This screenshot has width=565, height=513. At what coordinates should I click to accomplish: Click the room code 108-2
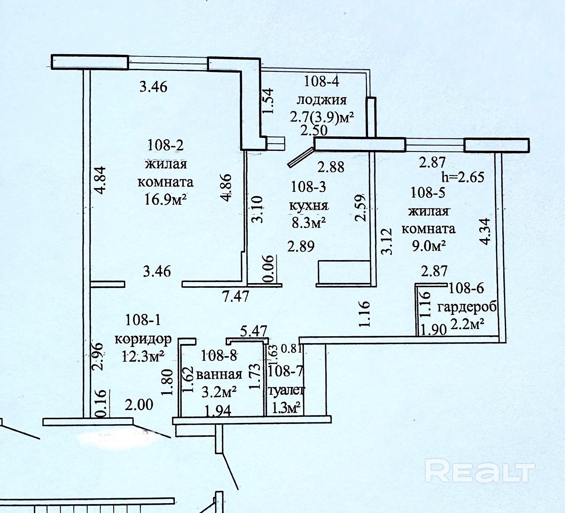tap(165, 145)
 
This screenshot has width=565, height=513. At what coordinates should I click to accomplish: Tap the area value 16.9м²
tap(165, 200)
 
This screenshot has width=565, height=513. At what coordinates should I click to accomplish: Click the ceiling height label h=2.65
tap(463, 177)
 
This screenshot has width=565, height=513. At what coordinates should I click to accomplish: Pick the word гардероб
tap(467, 306)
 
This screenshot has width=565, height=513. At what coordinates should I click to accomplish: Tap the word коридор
tap(143, 339)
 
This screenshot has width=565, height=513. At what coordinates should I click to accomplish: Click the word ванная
tap(219, 374)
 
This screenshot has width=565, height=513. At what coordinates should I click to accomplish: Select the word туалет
tap(286, 390)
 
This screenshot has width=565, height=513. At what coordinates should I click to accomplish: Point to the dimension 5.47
tap(253, 332)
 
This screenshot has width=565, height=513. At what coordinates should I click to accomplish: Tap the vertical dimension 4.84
tap(100, 180)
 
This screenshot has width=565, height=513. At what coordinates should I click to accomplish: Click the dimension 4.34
tap(485, 231)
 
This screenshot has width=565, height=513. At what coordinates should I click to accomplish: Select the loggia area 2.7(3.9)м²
tap(322, 117)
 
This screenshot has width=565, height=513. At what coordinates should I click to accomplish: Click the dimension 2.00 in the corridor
tap(139, 405)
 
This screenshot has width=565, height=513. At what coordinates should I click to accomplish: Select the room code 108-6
tap(466, 289)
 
